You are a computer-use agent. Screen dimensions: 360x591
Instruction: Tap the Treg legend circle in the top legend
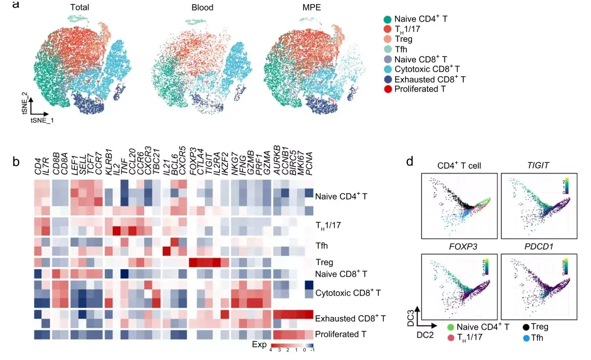pyautogui.click(x=388, y=39)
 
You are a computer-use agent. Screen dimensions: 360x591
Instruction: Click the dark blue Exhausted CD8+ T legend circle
pyautogui.click(x=388, y=79)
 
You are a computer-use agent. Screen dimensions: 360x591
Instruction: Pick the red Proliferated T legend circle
pyautogui.click(x=388, y=89)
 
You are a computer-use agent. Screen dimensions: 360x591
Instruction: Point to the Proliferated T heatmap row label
pyautogui.click(x=341, y=334)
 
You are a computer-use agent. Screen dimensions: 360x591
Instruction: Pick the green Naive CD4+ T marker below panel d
pyautogui.click(x=450, y=327)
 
